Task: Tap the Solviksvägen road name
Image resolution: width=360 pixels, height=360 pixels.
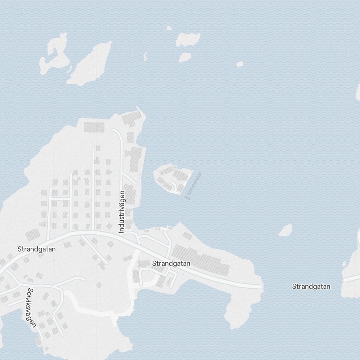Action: pyautogui.click(x=31, y=307)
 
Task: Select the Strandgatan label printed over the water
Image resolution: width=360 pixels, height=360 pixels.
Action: pyautogui.click(x=311, y=287)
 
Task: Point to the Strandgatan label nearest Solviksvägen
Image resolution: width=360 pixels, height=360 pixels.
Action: pyautogui.click(x=36, y=249)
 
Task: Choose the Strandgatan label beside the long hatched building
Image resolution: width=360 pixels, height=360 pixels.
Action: pyautogui.click(x=171, y=264)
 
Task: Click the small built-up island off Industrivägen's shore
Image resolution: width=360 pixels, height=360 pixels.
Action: pyautogui.click(x=172, y=178)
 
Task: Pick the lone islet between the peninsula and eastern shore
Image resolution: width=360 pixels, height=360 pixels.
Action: pyautogui.click(x=285, y=230)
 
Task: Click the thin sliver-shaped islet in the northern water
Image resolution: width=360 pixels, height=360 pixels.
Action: pyautogui.click(x=145, y=56)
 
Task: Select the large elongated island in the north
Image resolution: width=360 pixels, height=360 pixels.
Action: pyautogui.click(x=89, y=64)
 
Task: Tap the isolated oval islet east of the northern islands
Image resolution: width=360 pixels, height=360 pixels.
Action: pyautogui.click(x=239, y=64)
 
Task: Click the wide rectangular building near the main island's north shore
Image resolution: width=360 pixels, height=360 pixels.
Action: pyautogui.click(x=94, y=127)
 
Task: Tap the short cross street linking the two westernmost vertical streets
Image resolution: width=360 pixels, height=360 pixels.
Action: pyautogui.click(x=60, y=198)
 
